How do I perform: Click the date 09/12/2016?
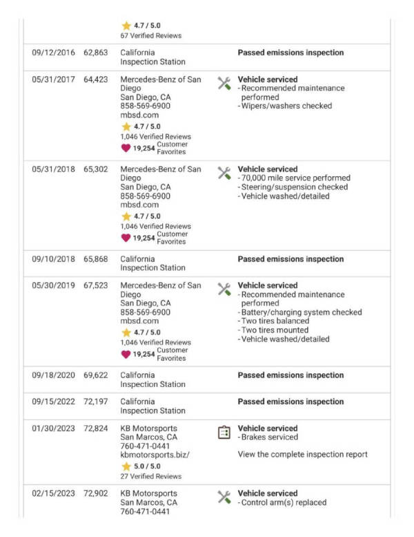[x=54, y=53]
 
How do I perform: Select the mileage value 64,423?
[x=96, y=79]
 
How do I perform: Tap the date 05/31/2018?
[x=54, y=169]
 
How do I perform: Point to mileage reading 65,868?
[x=96, y=259]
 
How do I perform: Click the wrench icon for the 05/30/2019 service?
[x=224, y=290]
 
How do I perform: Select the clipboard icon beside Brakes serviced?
[x=224, y=433]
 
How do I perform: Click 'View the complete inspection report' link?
[x=302, y=454]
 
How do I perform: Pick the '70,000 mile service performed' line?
[x=295, y=178]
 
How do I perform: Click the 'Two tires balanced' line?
[x=275, y=321]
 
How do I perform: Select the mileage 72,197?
[x=96, y=402]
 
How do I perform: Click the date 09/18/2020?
[x=54, y=375]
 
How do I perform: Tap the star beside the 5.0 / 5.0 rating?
[x=126, y=467]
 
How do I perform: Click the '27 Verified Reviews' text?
[x=151, y=476]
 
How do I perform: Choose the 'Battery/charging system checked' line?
[x=302, y=312]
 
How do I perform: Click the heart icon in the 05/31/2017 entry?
[x=126, y=148]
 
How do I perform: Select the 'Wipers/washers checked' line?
[x=286, y=106]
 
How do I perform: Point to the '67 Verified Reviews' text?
[x=151, y=35]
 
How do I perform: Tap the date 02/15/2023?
[x=54, y=493]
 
